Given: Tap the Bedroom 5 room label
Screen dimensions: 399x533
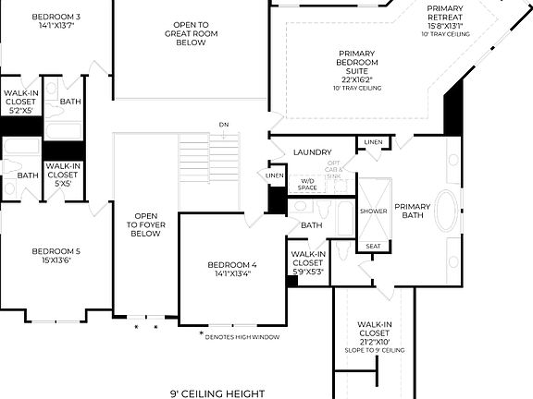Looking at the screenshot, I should coord(56,256).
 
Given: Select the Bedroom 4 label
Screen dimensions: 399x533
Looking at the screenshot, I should coord(234,269).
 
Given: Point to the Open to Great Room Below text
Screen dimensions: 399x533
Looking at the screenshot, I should coord(191,33).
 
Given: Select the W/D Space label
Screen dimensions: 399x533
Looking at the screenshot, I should coord(308,184).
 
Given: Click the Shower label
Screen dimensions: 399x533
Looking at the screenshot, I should coord(373,212).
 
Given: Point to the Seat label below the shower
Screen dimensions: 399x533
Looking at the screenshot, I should coord(373,246).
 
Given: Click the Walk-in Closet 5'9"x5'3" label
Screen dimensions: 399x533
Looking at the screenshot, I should coord(308,262).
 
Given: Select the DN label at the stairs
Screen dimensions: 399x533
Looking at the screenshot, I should coord(224,125).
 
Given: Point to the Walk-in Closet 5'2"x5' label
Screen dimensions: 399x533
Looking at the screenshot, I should coord(19,101).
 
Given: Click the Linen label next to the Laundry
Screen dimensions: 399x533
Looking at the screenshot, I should coord(372,142).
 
